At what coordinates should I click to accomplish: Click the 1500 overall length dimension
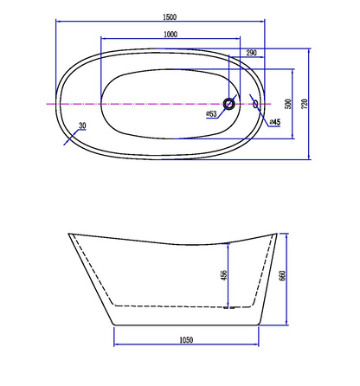click(170, 17)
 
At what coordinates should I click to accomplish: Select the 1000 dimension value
click(170, 35)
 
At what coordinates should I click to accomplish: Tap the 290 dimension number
click(251, 53)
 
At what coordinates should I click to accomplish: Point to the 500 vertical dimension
click(288, 104)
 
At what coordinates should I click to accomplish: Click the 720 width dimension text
click(305, 104)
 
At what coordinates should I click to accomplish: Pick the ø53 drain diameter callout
click(211, 113)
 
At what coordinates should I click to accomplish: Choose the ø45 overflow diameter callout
click(275, 122)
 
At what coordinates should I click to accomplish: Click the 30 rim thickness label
click(82, 125)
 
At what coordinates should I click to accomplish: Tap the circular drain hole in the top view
click(228, 104)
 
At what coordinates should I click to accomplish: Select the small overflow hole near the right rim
click(255, 104)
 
